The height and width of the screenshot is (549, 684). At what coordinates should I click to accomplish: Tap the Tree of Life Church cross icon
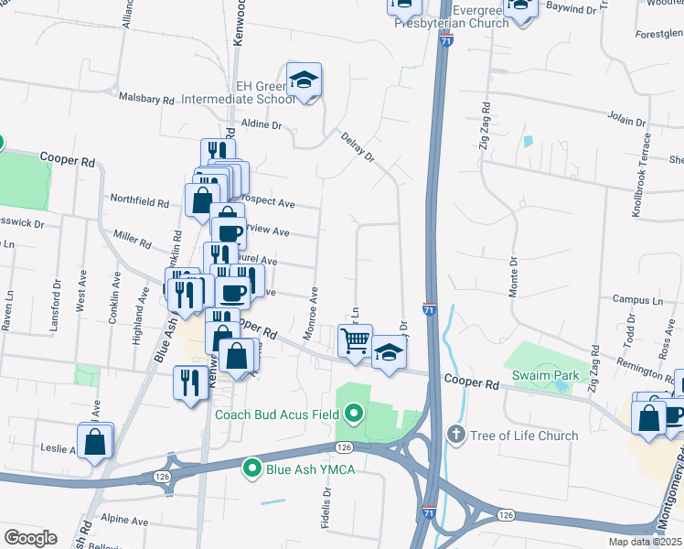(456, 435)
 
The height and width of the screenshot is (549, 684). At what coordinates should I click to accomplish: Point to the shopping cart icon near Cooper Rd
(355, 341)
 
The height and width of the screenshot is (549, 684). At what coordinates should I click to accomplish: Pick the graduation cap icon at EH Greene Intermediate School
(304, 81)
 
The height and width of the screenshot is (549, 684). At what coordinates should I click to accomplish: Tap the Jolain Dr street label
(627, 119)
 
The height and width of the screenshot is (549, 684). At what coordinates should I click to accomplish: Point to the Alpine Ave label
(125, 521)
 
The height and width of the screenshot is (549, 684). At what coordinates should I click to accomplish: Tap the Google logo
(30, 538)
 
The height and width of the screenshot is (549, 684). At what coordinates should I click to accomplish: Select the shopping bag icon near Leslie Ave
(95, 443)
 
